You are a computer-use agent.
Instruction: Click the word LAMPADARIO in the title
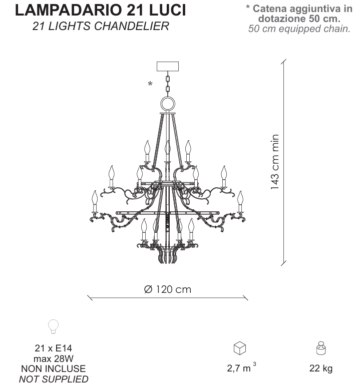click(x=69, y=10)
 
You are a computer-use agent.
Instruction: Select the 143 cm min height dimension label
click(x=275, y=162)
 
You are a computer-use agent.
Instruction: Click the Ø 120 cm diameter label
click(x=168, y=289)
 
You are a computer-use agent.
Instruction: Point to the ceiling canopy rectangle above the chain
click(x=168, y=66)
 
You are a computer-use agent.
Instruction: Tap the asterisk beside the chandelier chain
click(x=150, y=84)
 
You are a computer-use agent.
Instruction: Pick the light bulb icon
click(x=53, y=326)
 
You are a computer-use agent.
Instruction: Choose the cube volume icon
click(x=240, y=348)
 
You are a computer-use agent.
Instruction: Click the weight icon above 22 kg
click(x=321, y=348)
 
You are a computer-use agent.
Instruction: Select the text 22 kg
click(x=321, y=368)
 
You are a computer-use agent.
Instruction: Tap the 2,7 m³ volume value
click(x=241, y=367)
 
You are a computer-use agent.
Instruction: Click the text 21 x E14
click(x=53, y=348)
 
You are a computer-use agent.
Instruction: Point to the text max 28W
click(x=54, y=358)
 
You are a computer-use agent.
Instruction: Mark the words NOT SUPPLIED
click(x=54, y=379)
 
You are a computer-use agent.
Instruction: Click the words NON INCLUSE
click(x=54, y=368)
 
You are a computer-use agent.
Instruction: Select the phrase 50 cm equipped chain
click(x=299, y=29)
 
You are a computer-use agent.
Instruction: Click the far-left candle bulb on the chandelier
click(x=95, y=198)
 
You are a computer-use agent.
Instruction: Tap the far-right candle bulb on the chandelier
click(x=240, y=198)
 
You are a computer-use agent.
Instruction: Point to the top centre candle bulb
click(x=168, y=147)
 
